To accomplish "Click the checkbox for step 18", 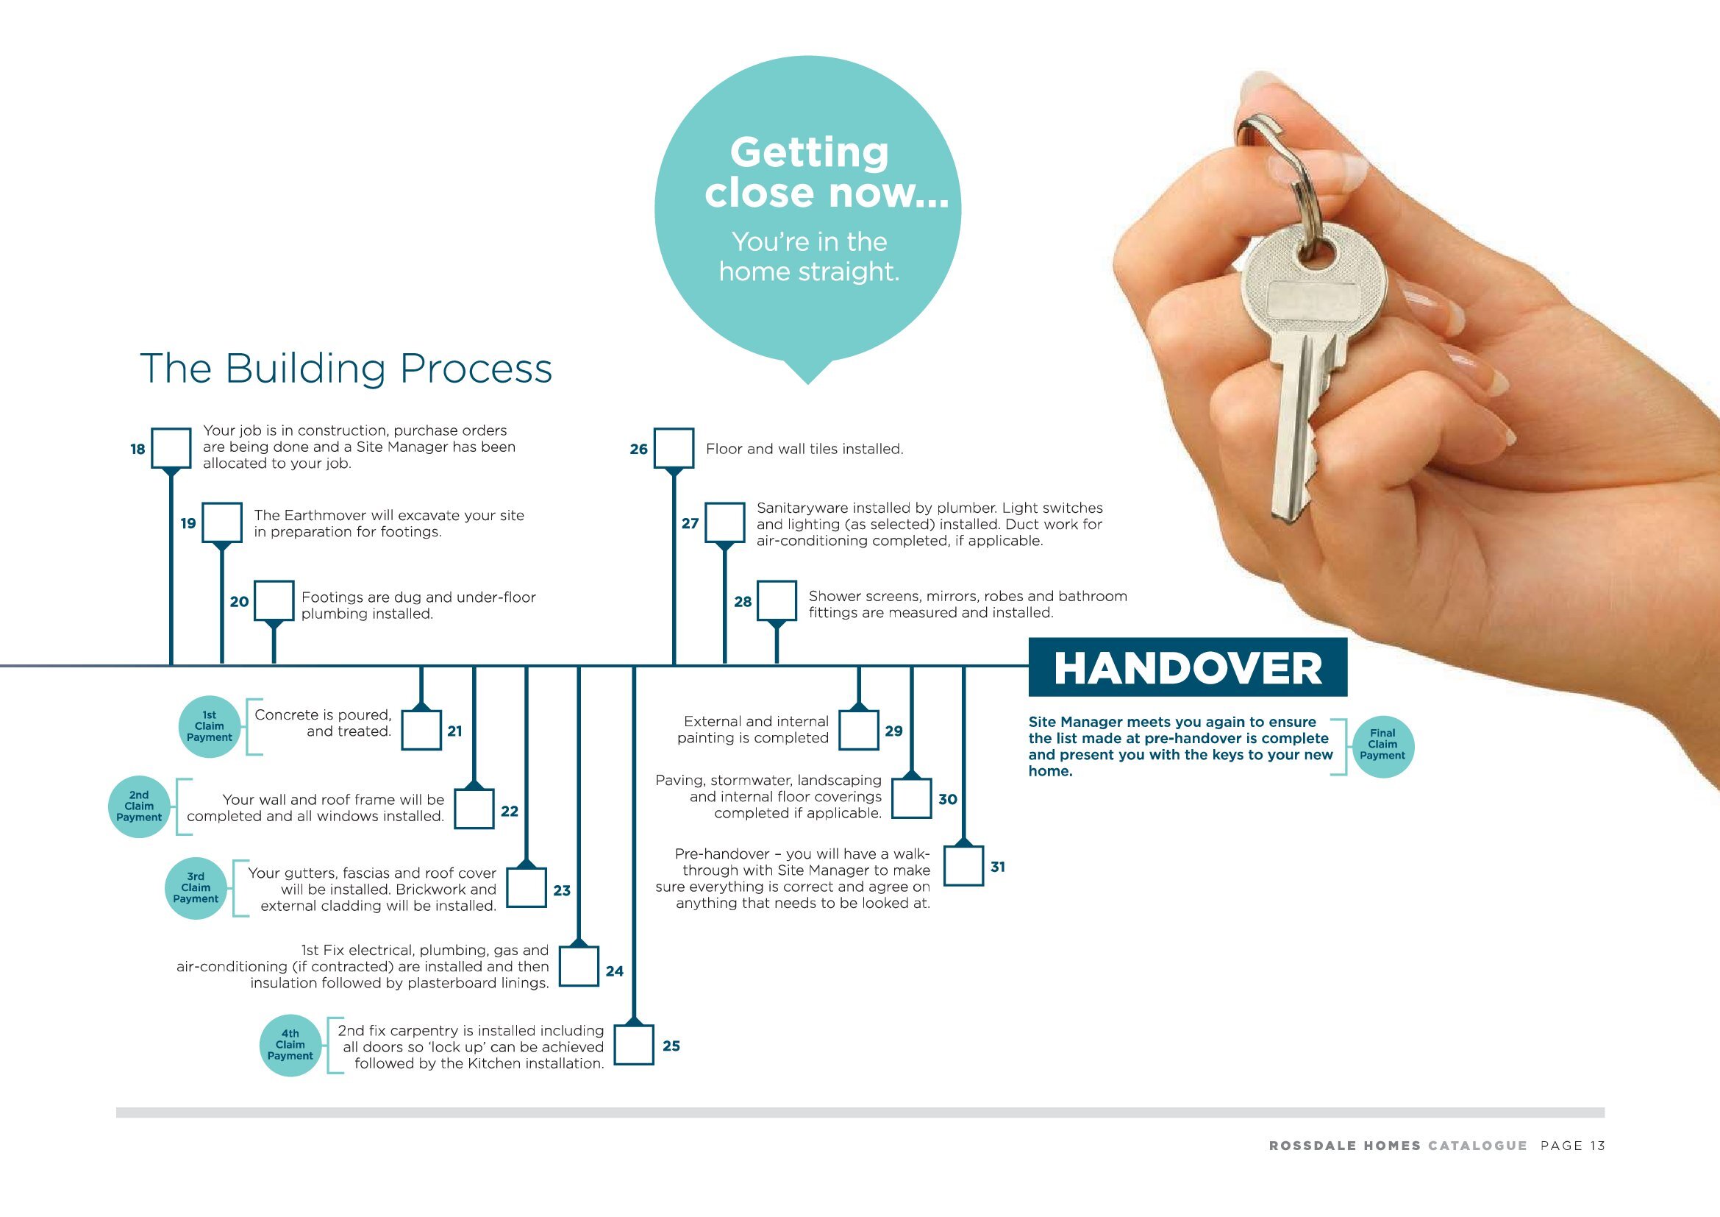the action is (x=171, y=448).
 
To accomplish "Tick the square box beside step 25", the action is (x=634, y=1045).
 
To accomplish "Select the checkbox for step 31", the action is (x=963, y=866).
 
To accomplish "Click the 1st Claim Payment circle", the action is (x=210, y=726).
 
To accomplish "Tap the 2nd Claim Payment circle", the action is (x=139, y=806).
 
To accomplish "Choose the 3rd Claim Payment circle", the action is (x=196, y=887).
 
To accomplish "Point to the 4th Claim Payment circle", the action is (x=290, y=1045).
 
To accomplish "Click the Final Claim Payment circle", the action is (x=1383, y=745).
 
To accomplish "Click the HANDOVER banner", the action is (x=1188, y=667).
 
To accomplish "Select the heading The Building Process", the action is (x=346, y=369).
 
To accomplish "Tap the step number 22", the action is (x=510, y=811).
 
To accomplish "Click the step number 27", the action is (x=690, y=523).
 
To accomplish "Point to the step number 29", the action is (x=893, y=731).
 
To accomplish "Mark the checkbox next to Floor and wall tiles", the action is (x=674, y=448).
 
